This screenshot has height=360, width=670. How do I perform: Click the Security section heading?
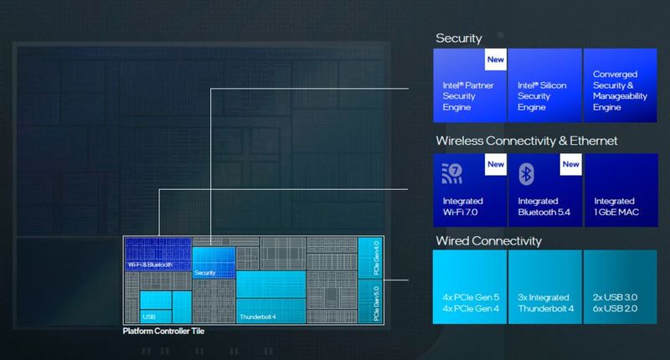(459, 39)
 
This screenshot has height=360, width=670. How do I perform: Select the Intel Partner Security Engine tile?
(469, 85)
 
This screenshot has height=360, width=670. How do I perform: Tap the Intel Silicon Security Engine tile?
(544, 85)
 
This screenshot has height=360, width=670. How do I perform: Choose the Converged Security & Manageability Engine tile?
(619, 85)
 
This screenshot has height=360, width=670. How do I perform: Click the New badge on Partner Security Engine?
(496, 60)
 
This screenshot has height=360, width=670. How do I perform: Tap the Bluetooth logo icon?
(526, 173)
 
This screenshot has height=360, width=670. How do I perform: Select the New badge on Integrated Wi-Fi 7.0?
(496, 164)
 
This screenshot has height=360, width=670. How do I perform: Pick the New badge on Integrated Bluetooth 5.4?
(571, 164)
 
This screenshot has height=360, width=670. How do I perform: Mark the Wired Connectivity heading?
(488, 241)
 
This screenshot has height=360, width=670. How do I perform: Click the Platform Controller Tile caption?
(163, 332)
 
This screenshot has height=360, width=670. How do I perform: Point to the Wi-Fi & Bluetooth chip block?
(157, 254)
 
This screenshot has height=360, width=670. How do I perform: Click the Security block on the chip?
(214, 260)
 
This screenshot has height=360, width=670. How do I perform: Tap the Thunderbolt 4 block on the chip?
(270, 297)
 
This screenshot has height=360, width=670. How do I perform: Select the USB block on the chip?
(156, 305)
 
